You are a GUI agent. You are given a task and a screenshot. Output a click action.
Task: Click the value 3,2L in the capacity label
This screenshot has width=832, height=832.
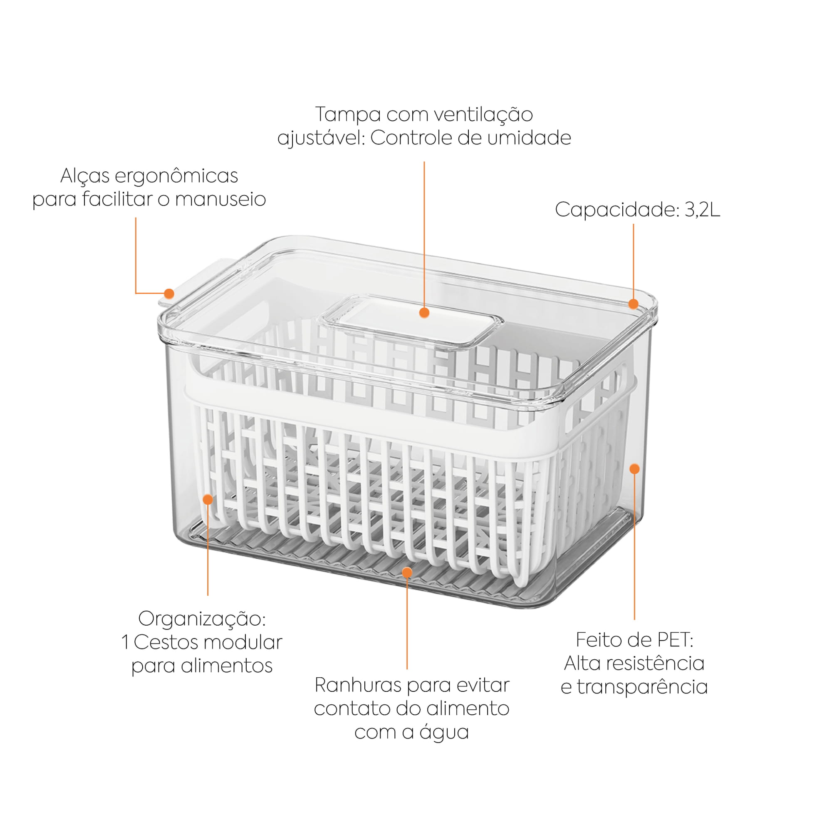click(x=702, y=210)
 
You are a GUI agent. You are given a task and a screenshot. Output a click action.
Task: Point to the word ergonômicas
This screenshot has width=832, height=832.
click(x=177, y=176)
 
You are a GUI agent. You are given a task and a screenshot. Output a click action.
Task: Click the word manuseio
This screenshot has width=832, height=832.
click(x=220, y=199)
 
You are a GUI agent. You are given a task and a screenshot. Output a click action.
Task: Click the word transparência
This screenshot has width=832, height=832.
click(x=642, y=686)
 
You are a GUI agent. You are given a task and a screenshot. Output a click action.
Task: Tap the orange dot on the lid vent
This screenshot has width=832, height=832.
click(x=424, y=313)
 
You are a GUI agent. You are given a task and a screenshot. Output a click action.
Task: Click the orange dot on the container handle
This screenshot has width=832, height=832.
click(x=169, y=294)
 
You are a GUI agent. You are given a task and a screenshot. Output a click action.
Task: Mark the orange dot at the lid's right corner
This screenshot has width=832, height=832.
click(x=633, y=304)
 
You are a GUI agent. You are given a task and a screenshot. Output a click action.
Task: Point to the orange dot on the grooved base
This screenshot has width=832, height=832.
click(x=407, y=572)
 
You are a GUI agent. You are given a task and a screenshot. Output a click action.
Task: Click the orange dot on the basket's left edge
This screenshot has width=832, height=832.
click(x=208, y=500)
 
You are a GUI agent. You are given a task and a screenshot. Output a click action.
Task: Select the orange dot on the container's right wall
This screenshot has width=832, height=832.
click(x=634, y=468)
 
